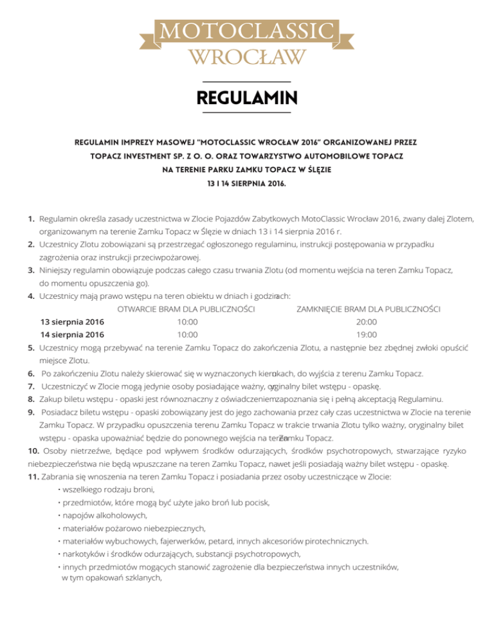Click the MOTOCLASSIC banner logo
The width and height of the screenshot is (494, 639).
[x=247, y=30]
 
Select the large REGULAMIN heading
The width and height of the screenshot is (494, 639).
[x=247, y=98]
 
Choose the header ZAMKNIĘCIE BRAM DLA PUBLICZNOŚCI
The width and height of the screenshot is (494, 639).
[x=367, y=309]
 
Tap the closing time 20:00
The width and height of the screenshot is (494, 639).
[x=367, y=322]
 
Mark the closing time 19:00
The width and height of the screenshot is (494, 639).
[x=367, y=335]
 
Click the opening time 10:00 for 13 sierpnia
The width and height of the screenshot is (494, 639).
[x=187, y=322]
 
